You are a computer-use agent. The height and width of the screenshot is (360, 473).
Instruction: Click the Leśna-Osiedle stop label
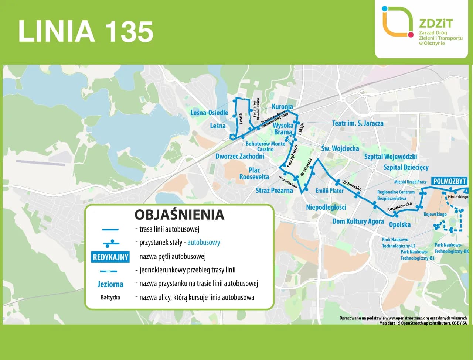[209, 113]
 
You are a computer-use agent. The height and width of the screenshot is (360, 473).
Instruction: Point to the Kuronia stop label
[282, 107]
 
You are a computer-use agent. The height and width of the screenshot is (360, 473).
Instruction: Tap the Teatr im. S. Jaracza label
[357, 123]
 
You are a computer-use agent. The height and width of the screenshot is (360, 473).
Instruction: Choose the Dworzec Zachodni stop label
[239, 156]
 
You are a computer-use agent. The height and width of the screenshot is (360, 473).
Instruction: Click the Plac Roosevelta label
[254, 174]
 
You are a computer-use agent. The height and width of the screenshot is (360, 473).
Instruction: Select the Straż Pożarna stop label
[274, 191]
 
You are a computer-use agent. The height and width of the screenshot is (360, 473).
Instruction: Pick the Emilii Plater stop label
[329, 191]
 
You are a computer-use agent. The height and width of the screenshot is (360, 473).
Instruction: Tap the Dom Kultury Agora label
[358, 221]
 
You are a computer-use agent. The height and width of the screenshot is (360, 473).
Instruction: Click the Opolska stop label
[399, 224]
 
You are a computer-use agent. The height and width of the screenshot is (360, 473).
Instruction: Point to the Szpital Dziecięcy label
[406, 168]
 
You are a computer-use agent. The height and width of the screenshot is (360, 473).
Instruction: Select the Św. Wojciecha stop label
[340, 148]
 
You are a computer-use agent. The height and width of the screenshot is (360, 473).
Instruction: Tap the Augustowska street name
[399, 207]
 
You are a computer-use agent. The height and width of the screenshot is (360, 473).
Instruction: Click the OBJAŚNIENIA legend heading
[179, 215]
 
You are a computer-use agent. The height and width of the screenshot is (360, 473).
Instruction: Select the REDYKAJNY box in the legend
[110, 257]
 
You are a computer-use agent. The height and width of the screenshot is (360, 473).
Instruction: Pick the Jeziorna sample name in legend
[110, 284]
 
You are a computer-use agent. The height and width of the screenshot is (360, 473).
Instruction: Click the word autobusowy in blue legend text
[204, 243]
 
